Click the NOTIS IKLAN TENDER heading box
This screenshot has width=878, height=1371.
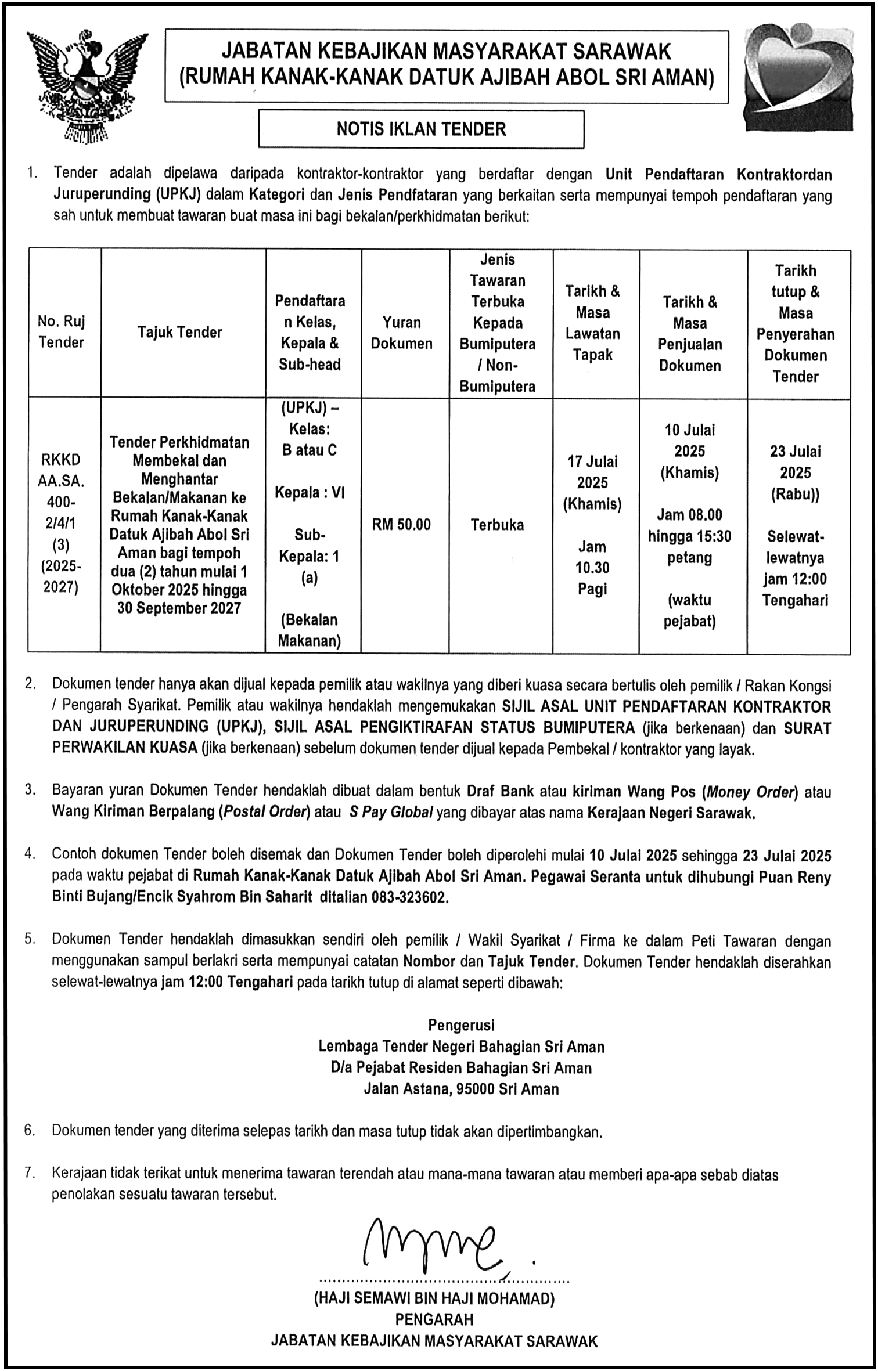pos(421,129)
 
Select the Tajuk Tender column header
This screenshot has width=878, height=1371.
pos(180,332)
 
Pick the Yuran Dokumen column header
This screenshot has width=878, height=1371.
pos(402,333)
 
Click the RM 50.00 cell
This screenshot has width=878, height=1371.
pos(402,525)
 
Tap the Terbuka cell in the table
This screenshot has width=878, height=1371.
pos(497,525)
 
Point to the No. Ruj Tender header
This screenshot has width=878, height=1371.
pos(61,332)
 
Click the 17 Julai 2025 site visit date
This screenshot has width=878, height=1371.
pos(592,472)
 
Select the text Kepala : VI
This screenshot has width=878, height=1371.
pos(310,493)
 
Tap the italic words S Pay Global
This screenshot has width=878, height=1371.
pos(391,813)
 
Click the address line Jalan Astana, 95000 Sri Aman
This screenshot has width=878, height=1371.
pos(461,1089)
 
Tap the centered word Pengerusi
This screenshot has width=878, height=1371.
pos(461,1025)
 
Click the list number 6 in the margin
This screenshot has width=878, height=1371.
pos(30,1131)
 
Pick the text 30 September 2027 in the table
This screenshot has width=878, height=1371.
pos(179,608)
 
